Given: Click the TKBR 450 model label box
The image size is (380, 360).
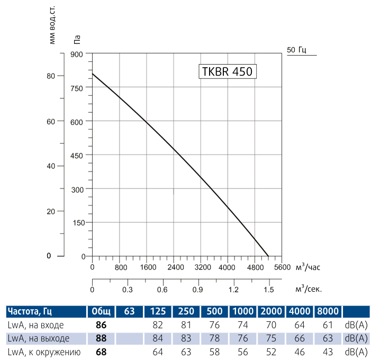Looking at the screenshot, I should tap(228, 71).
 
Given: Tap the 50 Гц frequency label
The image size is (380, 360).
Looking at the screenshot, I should tap(296, 50).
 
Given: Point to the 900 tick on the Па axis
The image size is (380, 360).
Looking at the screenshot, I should tap(77, 54).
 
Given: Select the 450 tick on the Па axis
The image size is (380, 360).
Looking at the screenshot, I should tap(77, 155).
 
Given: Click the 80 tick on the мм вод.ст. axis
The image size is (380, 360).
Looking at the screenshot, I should tap(51, 76).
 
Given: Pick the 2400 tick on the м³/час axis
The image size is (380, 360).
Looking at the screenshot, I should tap(174, 267).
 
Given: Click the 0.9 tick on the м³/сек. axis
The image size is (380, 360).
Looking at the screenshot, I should tap(198, 290).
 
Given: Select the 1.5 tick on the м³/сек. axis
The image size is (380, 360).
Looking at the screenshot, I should tap(268, 290).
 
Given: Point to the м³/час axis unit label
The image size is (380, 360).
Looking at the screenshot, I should tap(308, 267).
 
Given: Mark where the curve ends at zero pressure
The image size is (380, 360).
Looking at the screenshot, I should tap(268, 256).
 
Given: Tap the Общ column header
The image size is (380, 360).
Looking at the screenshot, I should tap(101, 311).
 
